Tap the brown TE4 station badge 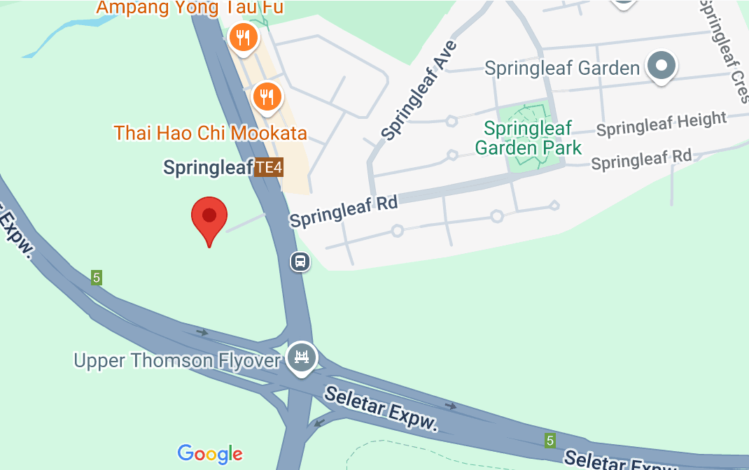pyautogui.click(x=268, y=168)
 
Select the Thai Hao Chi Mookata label pyautogui.click(x=211, y=132)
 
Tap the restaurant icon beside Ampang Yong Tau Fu pyautogui.click(x=243, y=38)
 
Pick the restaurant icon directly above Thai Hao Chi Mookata pyautogui.click(x=266, y=97)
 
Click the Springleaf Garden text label pyautogui.click(x=562, y=68)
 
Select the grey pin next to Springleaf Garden pyautogui.click(x=661, y=66)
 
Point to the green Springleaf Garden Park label pyautogui.click(x=528, y=138)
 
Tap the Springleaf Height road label pyautogui.click(x=661, y=124)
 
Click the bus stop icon pyautogui.click(x=300, y=262)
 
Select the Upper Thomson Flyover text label pyautogui.click(x=177, y=361)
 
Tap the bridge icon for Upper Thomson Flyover pyautogui.click(x=302, y=357)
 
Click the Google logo pyautogui.click(x=210, y=454)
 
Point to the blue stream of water pyautogui.click(x=63, y=35)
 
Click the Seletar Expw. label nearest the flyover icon pyautogui.click(x=381, y=410)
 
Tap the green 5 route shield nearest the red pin pyautogui.click(x=97, y=278)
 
